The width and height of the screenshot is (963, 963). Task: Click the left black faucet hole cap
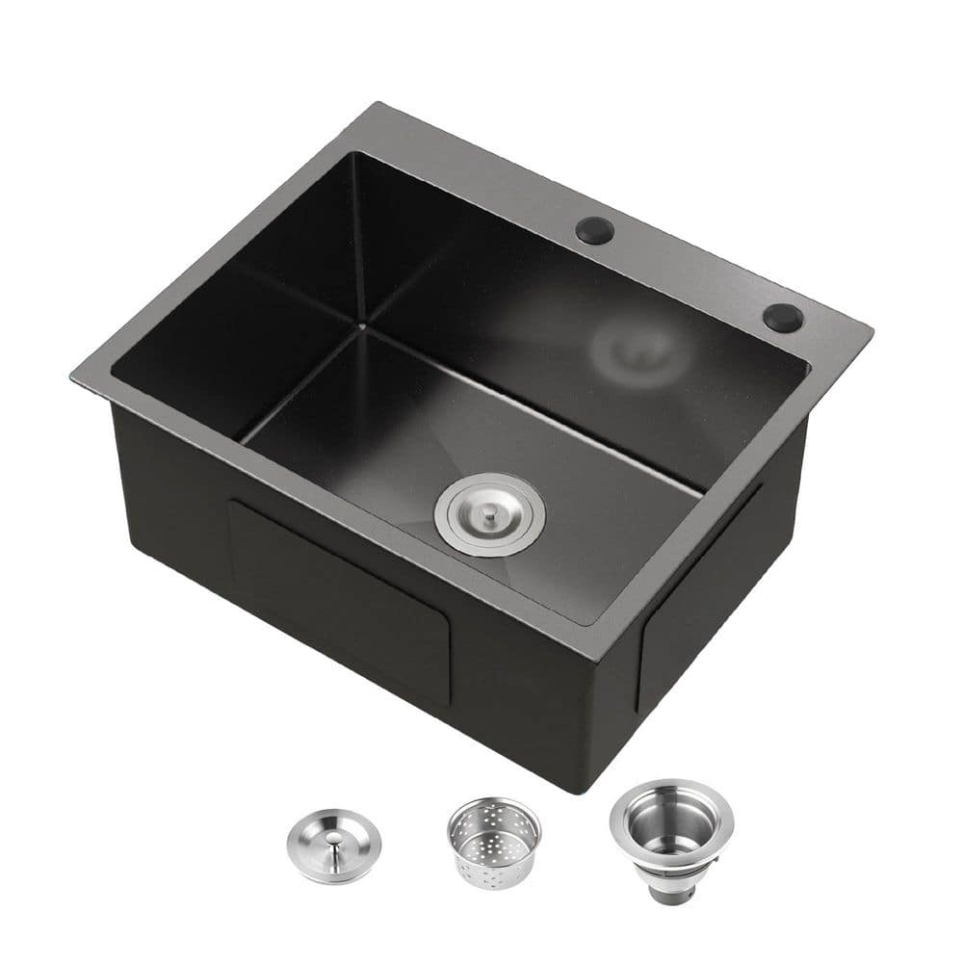point(594,230)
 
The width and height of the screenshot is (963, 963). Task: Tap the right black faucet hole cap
point(783,318)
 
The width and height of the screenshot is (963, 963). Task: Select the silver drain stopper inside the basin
point(489,514)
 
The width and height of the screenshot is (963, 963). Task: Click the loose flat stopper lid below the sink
point(333,846)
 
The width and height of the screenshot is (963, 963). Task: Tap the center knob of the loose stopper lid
point(332,841)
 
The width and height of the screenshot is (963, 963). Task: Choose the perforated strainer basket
point(494,840)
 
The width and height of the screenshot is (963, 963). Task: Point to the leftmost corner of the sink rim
point(73,377)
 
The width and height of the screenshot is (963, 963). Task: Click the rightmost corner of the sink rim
point(872,332)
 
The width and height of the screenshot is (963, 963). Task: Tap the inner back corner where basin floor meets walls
point(363,328)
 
